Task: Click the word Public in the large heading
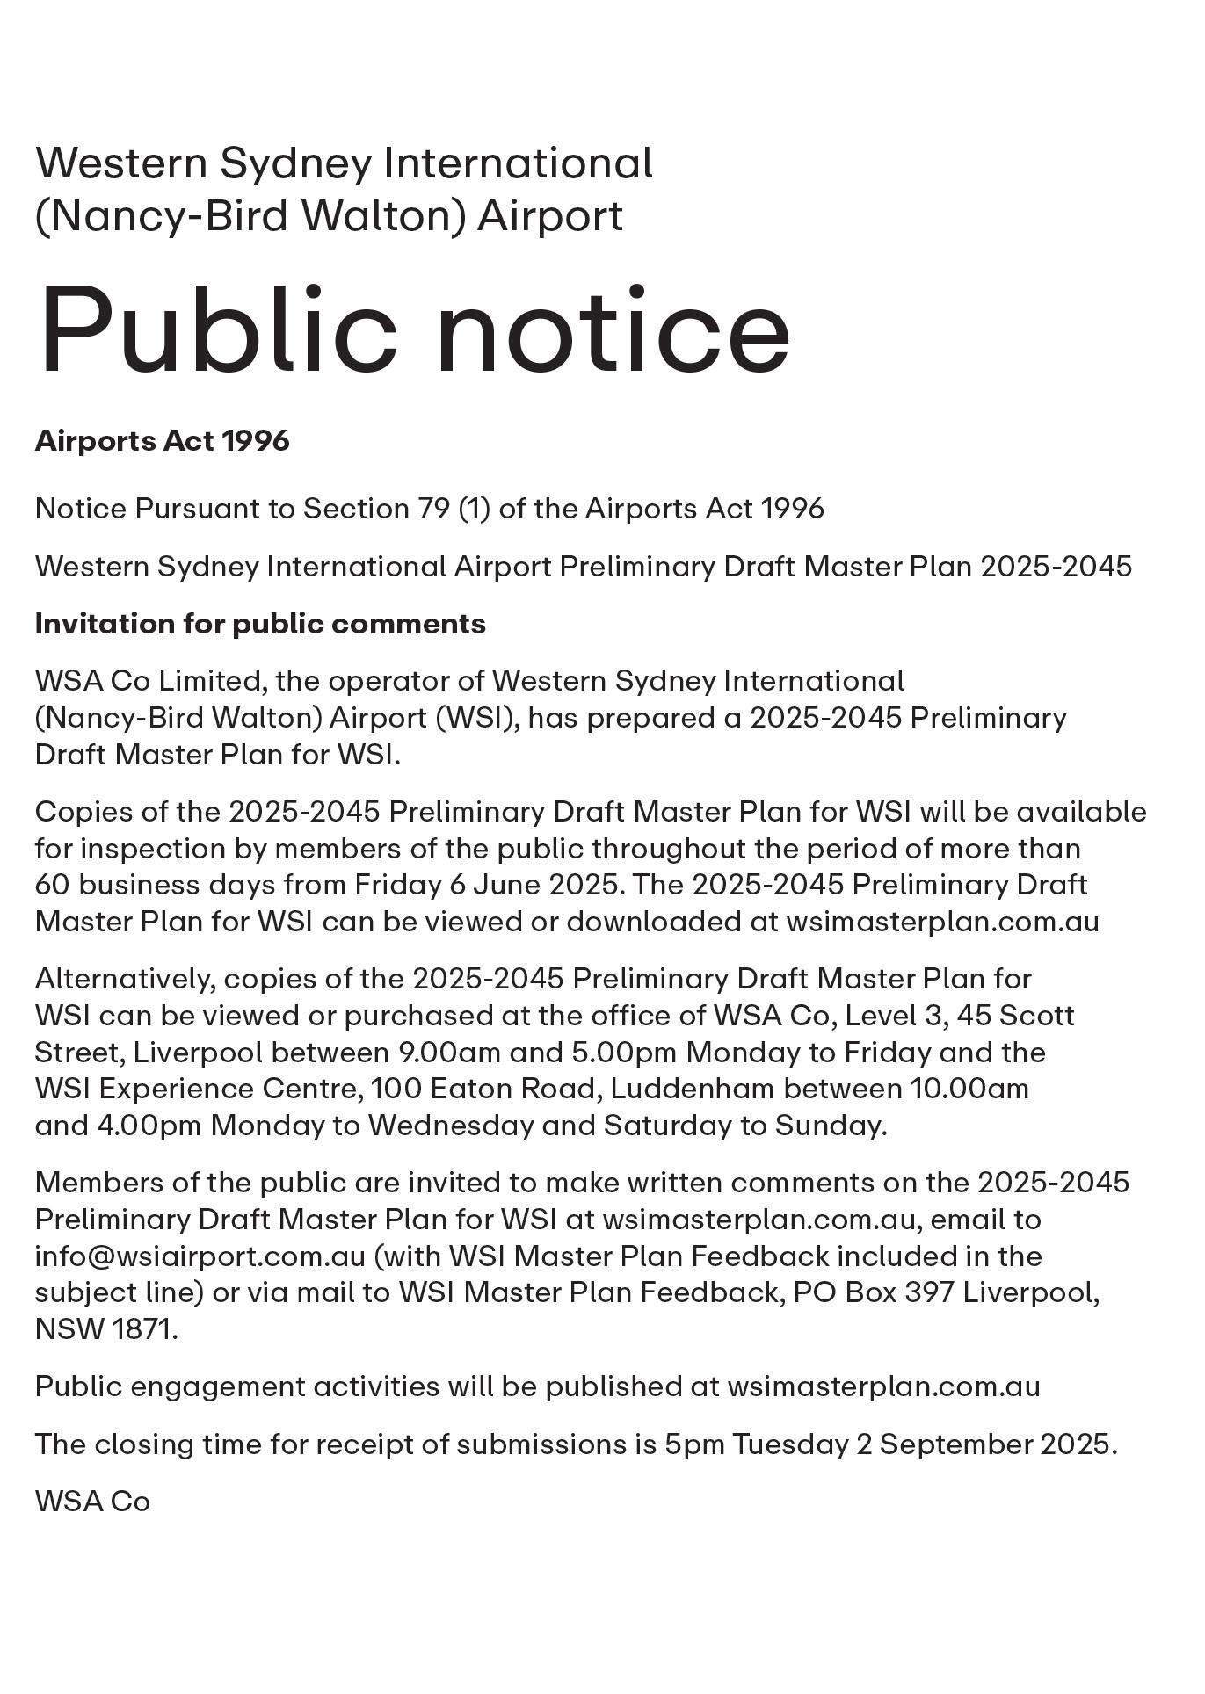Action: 216,329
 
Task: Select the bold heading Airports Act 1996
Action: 163,441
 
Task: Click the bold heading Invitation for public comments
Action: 260,624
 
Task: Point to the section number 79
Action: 434,509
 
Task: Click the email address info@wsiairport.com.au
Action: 200,1256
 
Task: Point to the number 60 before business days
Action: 53,885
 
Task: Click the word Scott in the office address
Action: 1037,1016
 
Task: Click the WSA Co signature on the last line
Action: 92,1502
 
